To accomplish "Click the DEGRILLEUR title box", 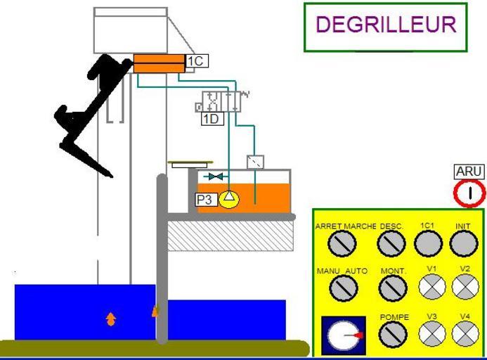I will [x=385, y=27].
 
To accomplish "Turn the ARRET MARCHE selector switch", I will [x=346, y=244].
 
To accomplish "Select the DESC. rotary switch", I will [x=391, y=244].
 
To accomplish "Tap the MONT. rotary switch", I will [x=393, y=287].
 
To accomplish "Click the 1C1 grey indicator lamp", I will [x=427, y=244].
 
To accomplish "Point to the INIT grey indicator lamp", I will [x=463, y=244].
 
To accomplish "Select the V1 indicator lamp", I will [x=431, y=286].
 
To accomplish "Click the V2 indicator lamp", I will [x=465, y=286].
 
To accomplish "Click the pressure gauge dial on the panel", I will [x=344, y=335].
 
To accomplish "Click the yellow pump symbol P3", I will [x=228, y=200].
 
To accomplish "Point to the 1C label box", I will [x=195, y=62].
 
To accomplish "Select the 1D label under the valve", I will [x=211, y=119].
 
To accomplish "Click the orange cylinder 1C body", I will [x=159, y=63].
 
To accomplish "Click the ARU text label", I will [x=469, y=172].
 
